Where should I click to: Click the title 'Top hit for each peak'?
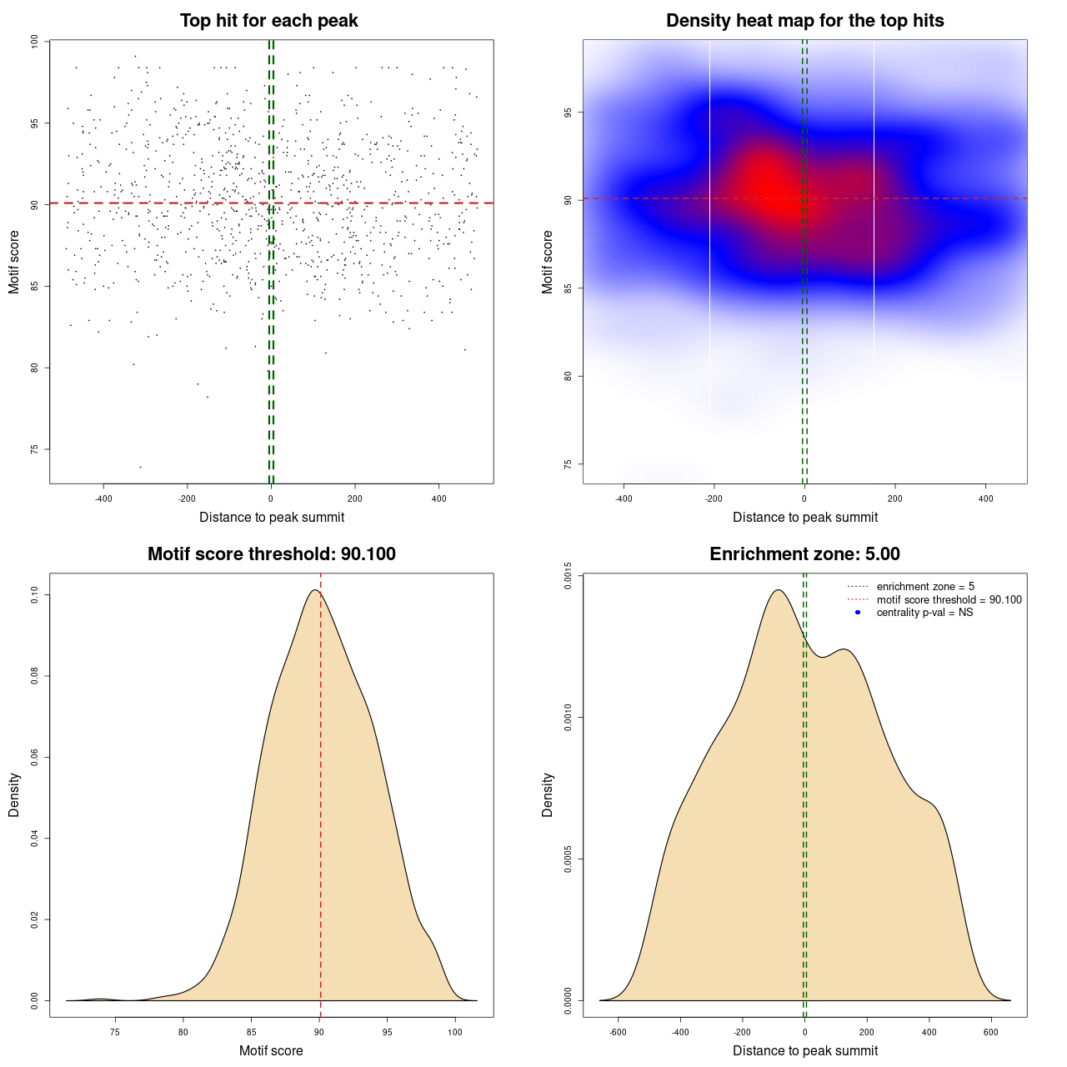(269, 21)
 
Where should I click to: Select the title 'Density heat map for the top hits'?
(804, 21)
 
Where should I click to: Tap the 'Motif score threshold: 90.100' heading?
(271, 554)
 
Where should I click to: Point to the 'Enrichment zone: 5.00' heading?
(804, 554)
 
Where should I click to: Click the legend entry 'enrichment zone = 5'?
(925, 587)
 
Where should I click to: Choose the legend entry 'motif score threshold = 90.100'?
(949, 600)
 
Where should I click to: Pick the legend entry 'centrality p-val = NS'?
(924, 613)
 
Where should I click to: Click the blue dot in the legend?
(858, 613)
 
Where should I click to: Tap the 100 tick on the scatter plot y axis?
(35, 42)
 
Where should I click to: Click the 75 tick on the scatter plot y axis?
(35, 449)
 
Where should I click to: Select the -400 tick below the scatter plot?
(103, 498)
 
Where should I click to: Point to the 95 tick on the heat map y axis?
(569, 113)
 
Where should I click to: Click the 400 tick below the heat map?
(985, 498)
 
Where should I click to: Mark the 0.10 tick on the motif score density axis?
(35, 594)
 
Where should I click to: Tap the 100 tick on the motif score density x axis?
(454, 1032)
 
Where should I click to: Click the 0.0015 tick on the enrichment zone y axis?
(569, 576)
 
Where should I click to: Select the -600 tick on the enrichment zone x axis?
(618, 1032)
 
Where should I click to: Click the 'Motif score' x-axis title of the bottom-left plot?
(271, 1050)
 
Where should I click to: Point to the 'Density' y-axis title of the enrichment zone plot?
(548, 794)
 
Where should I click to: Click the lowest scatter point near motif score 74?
(140, 467)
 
